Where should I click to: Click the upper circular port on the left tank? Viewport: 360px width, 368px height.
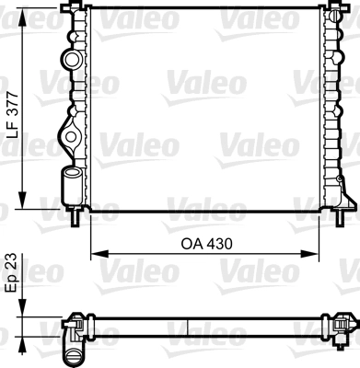73,60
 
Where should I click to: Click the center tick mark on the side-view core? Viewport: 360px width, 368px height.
189,326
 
